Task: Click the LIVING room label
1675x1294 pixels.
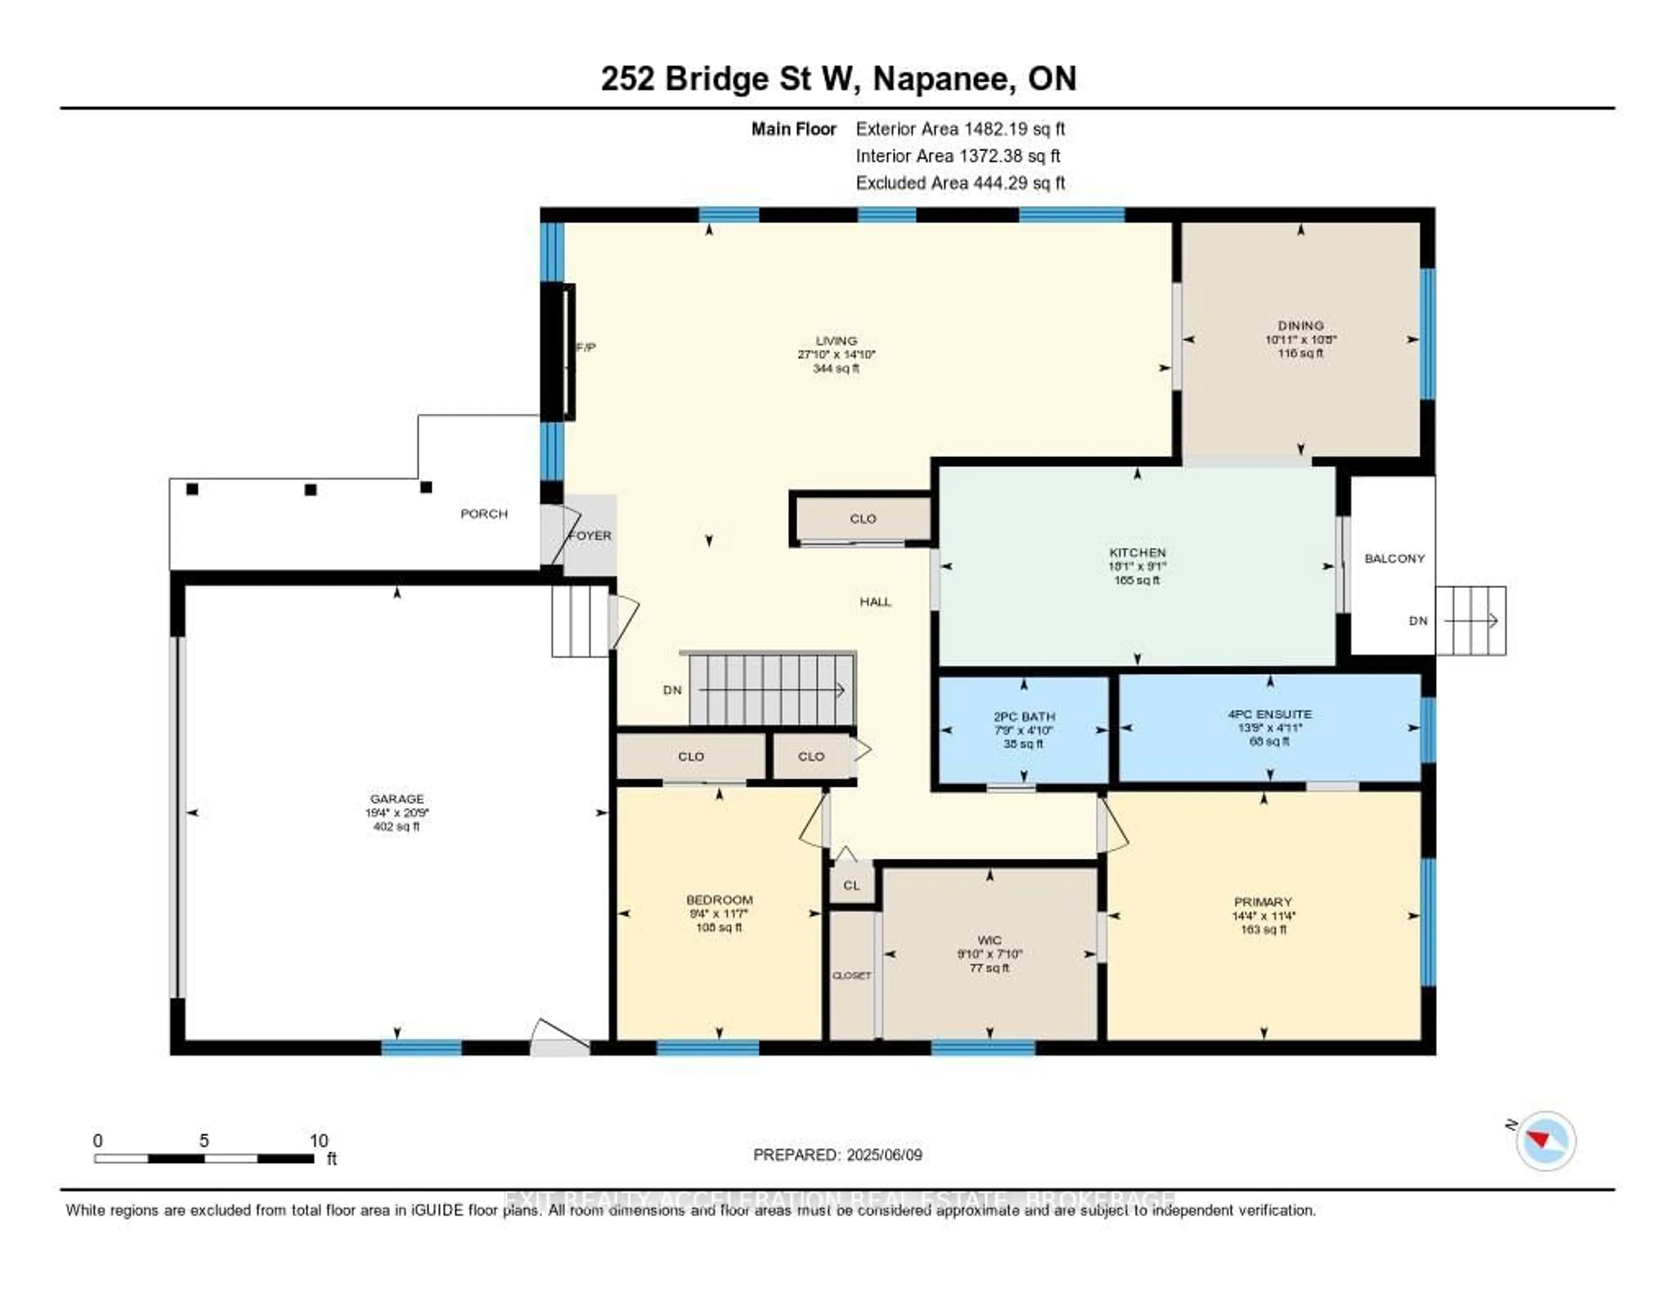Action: click(x=836, y=341)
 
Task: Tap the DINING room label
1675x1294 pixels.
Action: click(x=1301, y=325)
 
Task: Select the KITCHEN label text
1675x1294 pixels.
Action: click(x=1137, y=552)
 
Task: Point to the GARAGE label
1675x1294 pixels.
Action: click(x=397, y=798)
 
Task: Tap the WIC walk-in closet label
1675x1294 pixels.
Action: click(x=989, y=940)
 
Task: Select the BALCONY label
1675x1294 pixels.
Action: click(x=1394, y=558)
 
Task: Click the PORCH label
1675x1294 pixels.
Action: click(x=484, y=513)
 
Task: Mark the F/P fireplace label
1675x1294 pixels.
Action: click(x=586, y=347)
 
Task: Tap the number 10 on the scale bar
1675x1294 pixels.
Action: click(x=318, y=1140)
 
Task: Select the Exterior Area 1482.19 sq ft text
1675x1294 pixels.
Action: click(x=960, y=129)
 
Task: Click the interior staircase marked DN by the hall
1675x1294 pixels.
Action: click(x=771, y=689)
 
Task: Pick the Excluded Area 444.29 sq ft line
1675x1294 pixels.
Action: click(x=960, y=182)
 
